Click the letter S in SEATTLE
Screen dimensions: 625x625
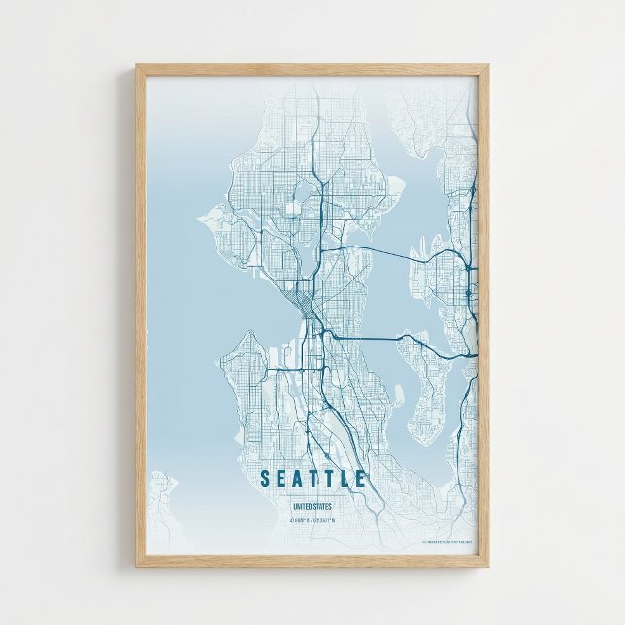(x=266, y=478)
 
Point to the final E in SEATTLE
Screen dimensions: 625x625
(x=361, y=478)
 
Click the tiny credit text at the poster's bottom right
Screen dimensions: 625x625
(x=448, y=542)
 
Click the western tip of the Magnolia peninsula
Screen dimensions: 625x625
(x=200, y=218)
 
